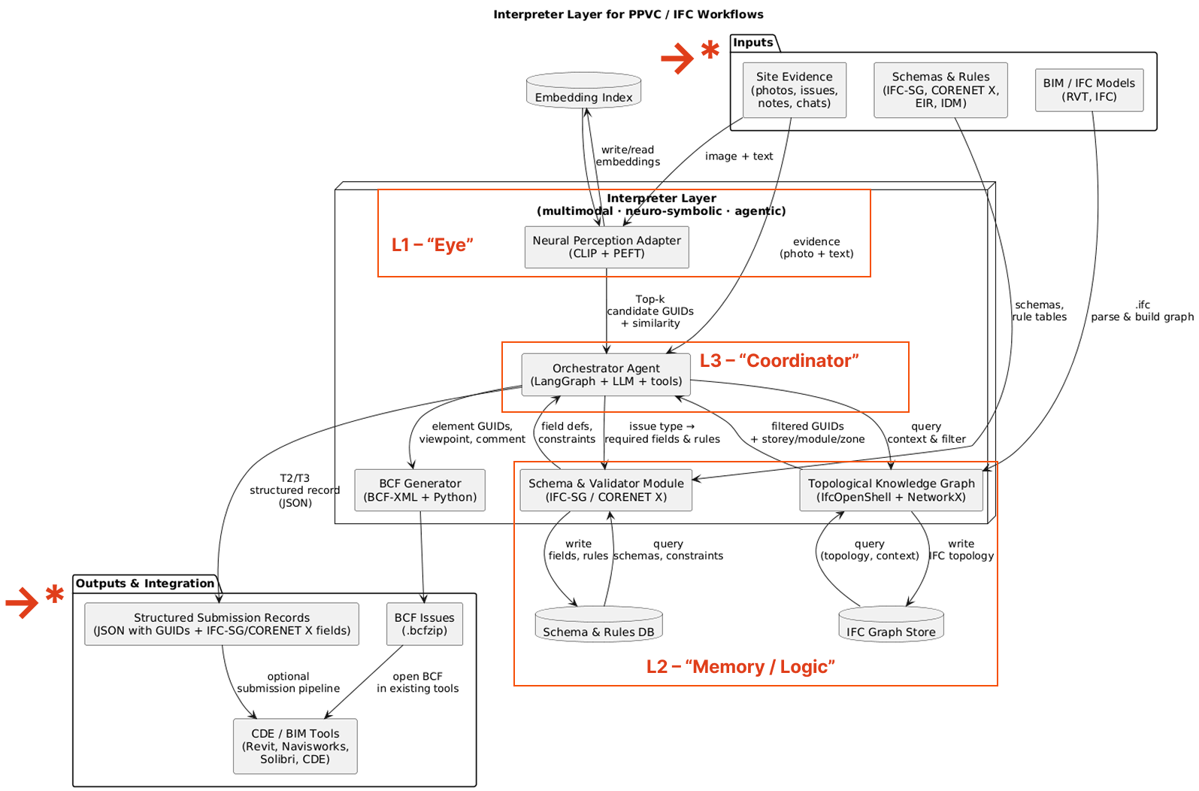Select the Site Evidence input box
pos(794,90)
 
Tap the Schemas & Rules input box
pos(940,90)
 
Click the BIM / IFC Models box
pos(1088,90)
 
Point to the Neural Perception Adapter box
pos(606,247)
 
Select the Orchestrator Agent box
pos(606,374)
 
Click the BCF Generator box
pos(419,490)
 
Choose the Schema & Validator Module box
pos(606,490)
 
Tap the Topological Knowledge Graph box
pos(891,490)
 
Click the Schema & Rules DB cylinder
pos(598,626)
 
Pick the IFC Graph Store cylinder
pos(891,626)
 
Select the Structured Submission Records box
pos(222,624)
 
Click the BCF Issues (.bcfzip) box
pos(424,624)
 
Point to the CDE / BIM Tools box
pos(295,746)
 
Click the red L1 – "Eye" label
pos(432,245)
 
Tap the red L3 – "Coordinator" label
pos(779,361)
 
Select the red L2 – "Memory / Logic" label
pos(740,667)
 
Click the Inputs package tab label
pos(753,43)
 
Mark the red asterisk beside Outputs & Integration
pos(54,595)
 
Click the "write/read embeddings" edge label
pos(628,156)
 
